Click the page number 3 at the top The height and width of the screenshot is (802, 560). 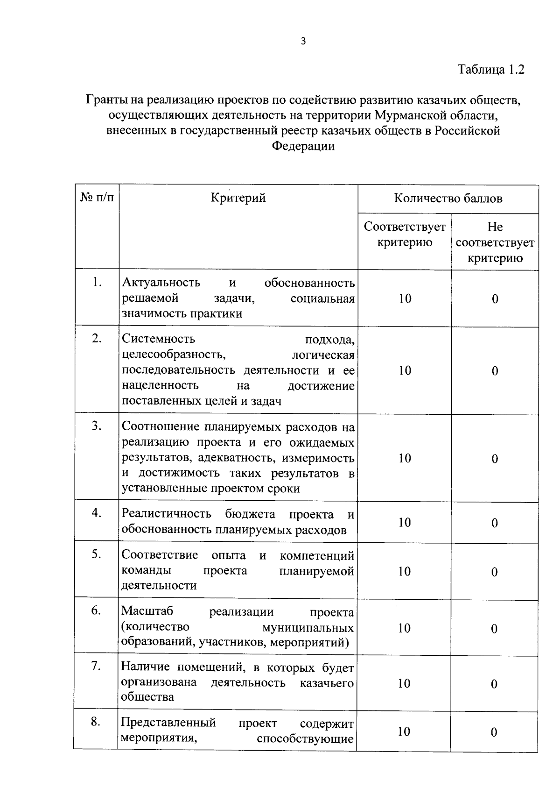tap(303, 42)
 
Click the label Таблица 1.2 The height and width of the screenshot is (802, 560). tap(491, 70)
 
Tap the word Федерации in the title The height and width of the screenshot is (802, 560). tap(303, 146)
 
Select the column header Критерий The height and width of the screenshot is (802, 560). tap(238, 198)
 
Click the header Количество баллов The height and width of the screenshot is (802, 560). tap(448, 199)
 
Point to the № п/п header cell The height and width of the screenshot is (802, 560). tap(97, 198)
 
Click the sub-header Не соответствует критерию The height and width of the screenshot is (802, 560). tap(495, 242)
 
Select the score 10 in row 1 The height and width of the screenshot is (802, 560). tap(405, 299)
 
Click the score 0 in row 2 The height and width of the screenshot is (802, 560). tap(495, 371)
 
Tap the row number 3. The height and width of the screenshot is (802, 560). tap(97, 426)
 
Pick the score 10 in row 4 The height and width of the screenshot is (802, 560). tap(404, 523)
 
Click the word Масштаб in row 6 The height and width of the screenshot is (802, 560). tap(147, 611)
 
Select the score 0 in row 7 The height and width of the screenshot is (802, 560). tap(494, 684)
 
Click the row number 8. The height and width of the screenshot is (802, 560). tap(96, 722)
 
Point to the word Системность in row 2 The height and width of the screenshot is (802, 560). tap(158, 339)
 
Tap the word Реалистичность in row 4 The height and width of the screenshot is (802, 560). tap(166, 514)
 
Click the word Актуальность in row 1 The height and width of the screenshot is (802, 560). tap(161, 283)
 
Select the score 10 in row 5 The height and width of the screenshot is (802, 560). tap(404, 572)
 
